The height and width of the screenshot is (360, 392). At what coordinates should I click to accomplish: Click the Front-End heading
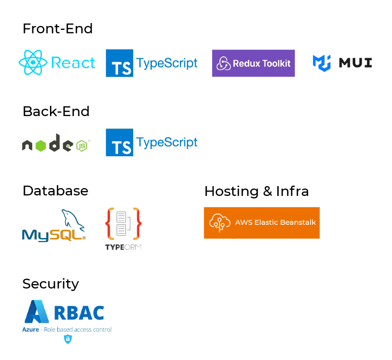57,29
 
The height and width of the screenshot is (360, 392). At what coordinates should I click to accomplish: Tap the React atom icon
33,63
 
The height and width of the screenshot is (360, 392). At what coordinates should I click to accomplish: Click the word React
73,63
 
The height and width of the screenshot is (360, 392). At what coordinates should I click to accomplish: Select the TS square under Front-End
120,63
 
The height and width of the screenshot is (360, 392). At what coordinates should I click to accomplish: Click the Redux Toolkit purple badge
253,63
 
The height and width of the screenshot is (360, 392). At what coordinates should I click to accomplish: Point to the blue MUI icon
322,63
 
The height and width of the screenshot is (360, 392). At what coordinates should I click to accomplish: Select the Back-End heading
56,112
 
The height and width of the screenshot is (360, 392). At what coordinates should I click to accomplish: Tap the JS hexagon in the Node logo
81,145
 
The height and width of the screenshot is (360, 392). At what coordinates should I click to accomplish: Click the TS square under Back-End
120,143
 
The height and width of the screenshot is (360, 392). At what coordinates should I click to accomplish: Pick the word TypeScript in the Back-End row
167,143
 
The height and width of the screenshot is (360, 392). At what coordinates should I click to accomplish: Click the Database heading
55,191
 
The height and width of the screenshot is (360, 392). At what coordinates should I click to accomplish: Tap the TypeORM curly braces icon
123,224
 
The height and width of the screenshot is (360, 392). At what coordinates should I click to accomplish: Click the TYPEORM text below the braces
123,247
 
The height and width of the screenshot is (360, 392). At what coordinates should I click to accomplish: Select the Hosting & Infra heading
256,191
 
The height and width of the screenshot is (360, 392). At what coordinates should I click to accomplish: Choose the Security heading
50,284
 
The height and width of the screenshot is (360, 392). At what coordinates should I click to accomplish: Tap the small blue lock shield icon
68,339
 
